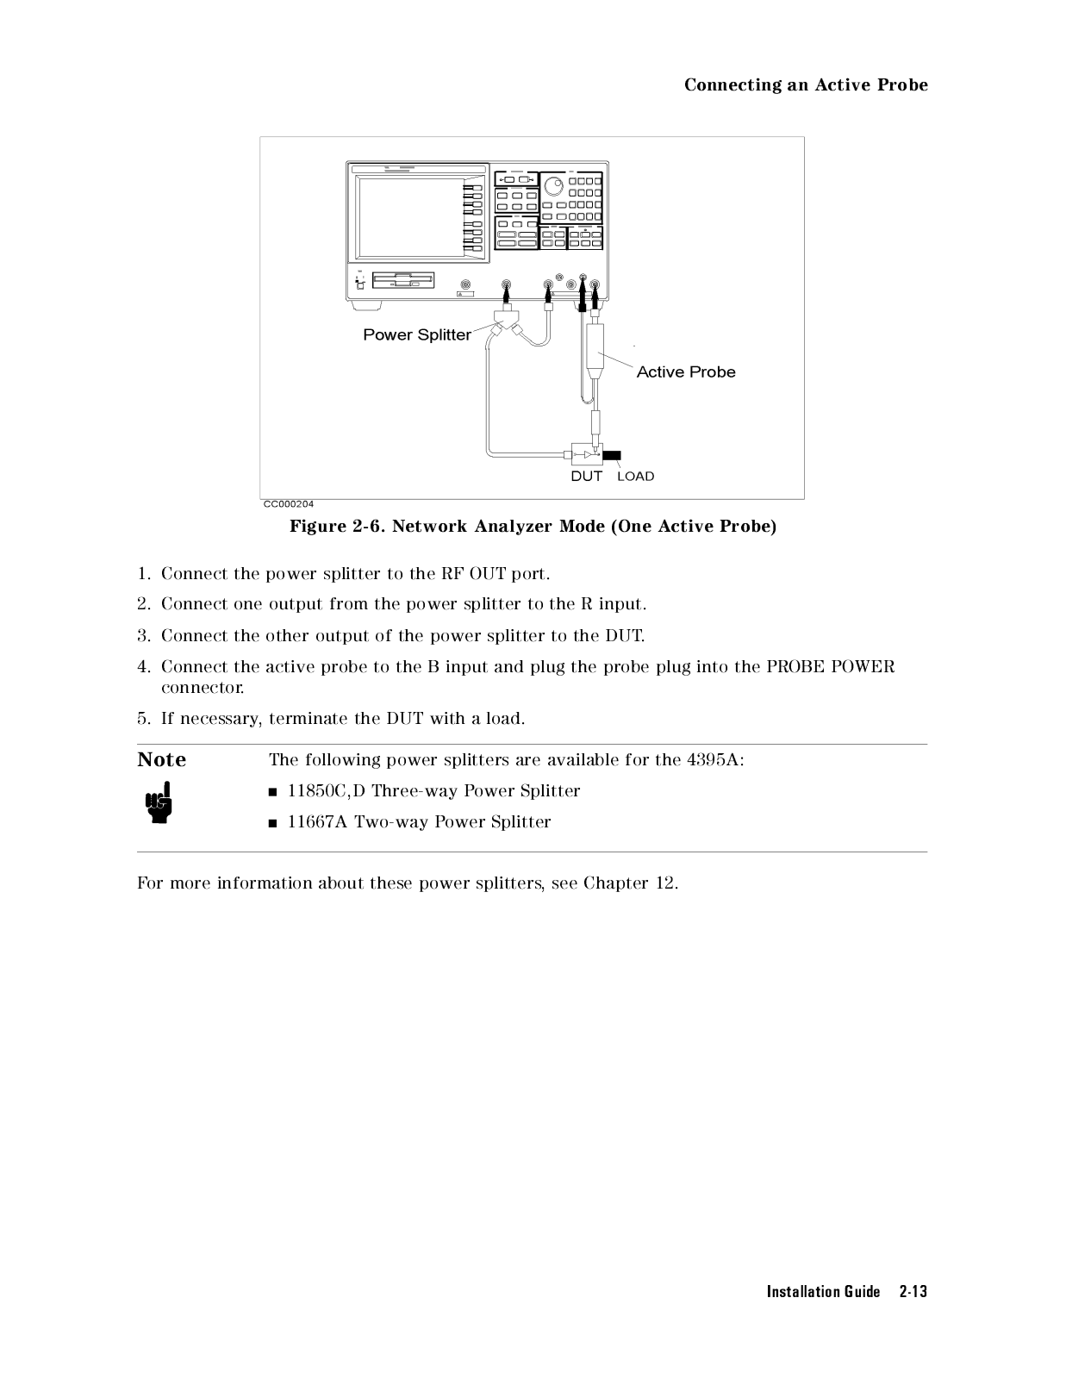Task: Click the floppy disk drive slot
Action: click(x=403, y=281)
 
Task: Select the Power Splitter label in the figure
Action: click(x=417, y=334)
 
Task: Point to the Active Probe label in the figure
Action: click(x=686, y=371)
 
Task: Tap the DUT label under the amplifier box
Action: click(x=587, y=476)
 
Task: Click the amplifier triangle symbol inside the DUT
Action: click(x=589, y=454)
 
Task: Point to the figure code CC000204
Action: click(x=289, y=504)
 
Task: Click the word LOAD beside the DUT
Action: click(x=636, y=477)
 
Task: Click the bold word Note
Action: click(x=161, y=759)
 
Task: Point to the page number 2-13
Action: click(x=913, y=1291)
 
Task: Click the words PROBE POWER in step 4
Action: click(x=830, y=666)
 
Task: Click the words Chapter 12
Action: click(x=630, y=883)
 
